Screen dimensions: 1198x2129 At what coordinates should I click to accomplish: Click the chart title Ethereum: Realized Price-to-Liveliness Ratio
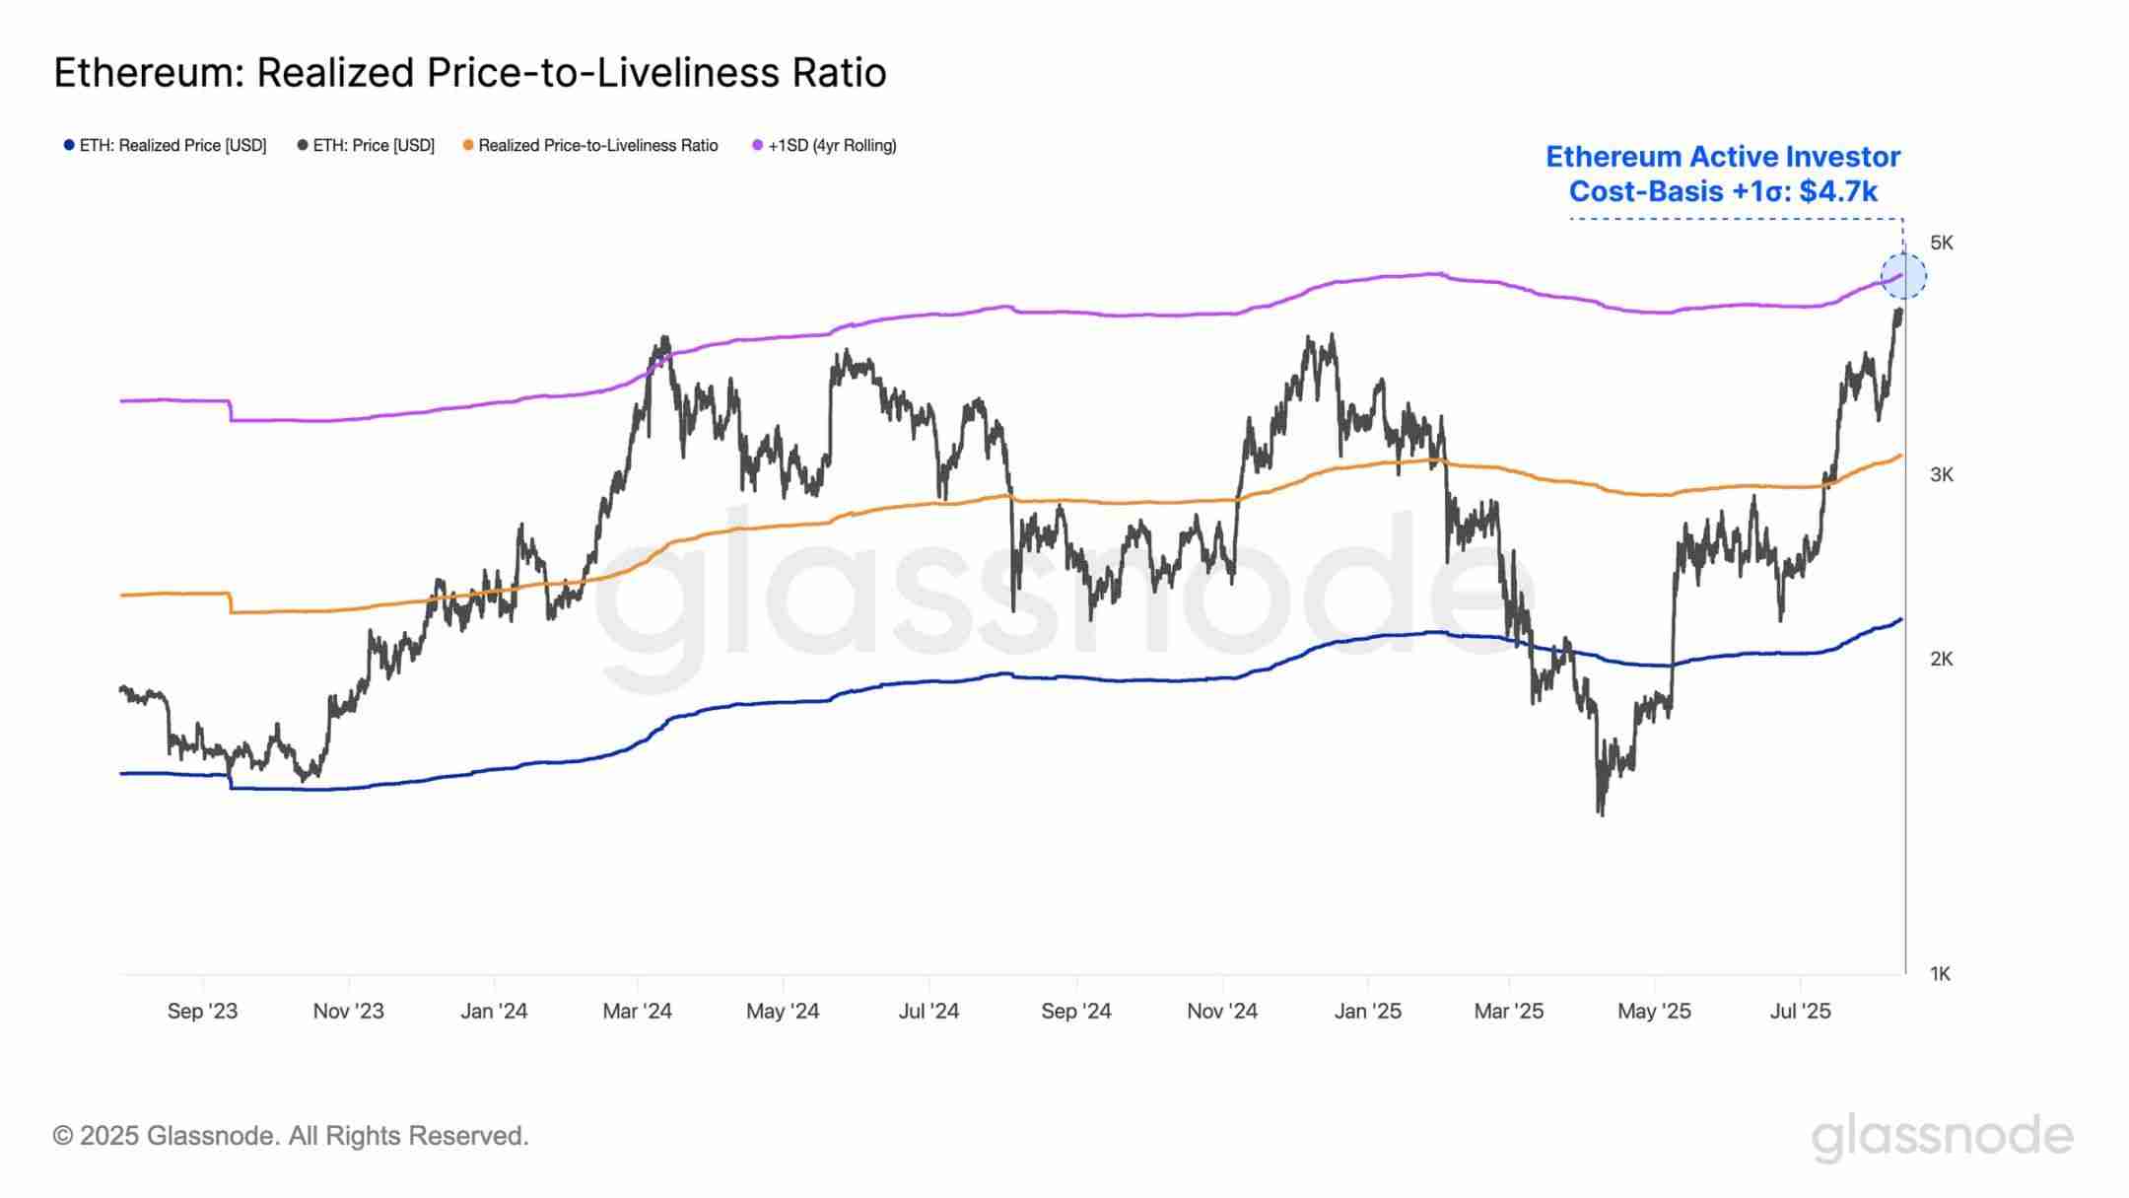(469, 74)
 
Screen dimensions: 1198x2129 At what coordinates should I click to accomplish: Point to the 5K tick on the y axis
(1941, 243)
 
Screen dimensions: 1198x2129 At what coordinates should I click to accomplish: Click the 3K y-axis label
(1941, 475)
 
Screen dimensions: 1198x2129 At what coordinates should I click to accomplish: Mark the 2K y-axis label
(1941, 660)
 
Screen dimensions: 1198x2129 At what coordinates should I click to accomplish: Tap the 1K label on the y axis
(1940, 974)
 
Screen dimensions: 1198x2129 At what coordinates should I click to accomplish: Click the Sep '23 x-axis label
(202, 1011)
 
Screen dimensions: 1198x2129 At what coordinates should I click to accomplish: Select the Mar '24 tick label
(637, 1011)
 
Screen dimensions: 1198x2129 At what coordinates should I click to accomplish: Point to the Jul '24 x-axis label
(928, 1011)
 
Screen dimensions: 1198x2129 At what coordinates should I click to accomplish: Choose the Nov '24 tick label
(1222, 1011)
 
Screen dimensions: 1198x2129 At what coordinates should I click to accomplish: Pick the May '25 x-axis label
(1654, 1011)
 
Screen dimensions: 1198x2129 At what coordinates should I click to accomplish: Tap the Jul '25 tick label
(1800, 1011)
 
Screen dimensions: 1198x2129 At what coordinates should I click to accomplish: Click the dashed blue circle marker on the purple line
(1903, 276)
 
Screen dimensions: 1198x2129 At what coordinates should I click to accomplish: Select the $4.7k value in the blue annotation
(1838, 191)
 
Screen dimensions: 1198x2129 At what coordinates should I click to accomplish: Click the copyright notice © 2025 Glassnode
(291, 1136)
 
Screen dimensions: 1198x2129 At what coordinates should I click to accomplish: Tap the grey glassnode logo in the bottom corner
(1942, 1138)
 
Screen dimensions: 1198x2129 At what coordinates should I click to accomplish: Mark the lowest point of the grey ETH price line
(1601, 813)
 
